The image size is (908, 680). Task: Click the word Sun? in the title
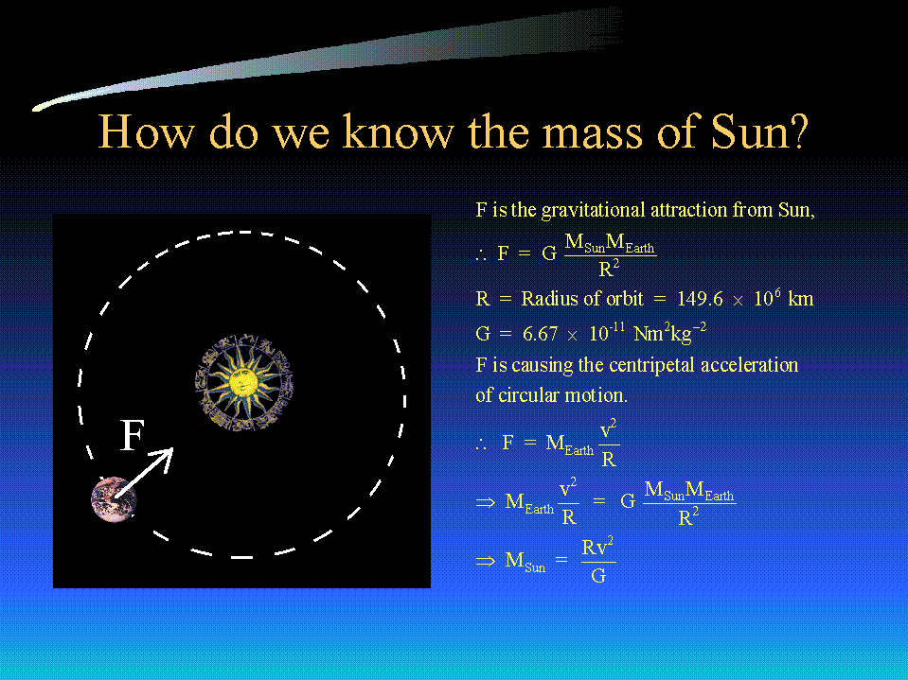pos(759,131)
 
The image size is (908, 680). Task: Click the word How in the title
pos(146,131)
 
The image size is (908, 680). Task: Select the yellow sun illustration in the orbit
pos(243,382)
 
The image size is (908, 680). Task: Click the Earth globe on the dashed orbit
pos(114,499)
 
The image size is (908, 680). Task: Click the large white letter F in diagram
pos(132,435)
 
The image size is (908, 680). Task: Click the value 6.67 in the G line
pos(541,334)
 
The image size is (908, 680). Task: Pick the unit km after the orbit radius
pos(801,299)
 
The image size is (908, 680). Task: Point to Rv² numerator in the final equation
pos(598,547)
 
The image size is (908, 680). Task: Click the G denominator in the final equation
pos(598,575)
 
